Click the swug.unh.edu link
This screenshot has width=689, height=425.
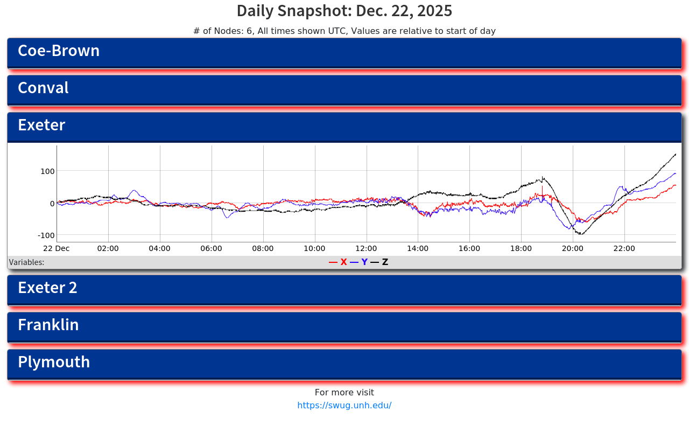pos(344,406)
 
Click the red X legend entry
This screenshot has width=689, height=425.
pos(339,262)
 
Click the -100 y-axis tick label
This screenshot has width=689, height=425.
pos(46,235)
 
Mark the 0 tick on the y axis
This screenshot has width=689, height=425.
pos(52,204)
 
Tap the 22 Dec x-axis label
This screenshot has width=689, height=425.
pos(57,249)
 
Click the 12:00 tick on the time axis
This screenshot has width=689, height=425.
pos(366,249)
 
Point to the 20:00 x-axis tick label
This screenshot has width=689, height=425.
pos(573,249)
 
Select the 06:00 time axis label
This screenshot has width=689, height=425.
pos(212,249)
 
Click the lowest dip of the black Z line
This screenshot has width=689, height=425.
pos(581,234)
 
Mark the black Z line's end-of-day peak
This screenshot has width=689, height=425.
pos(676,154)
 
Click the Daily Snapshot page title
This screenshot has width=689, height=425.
pos(344,11)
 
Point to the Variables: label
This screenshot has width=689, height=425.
pos(26,263)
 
